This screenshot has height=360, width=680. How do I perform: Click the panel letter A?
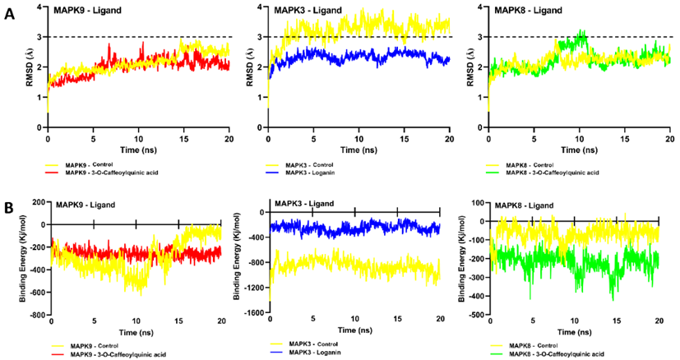pos(9,16)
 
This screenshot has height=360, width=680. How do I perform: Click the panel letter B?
pos(9,209)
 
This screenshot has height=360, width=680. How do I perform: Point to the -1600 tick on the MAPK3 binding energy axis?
pos(255,313)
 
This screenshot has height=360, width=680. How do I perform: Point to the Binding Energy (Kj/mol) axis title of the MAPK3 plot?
pos(238,259)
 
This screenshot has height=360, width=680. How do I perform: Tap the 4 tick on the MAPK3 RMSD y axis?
pos(261,7)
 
